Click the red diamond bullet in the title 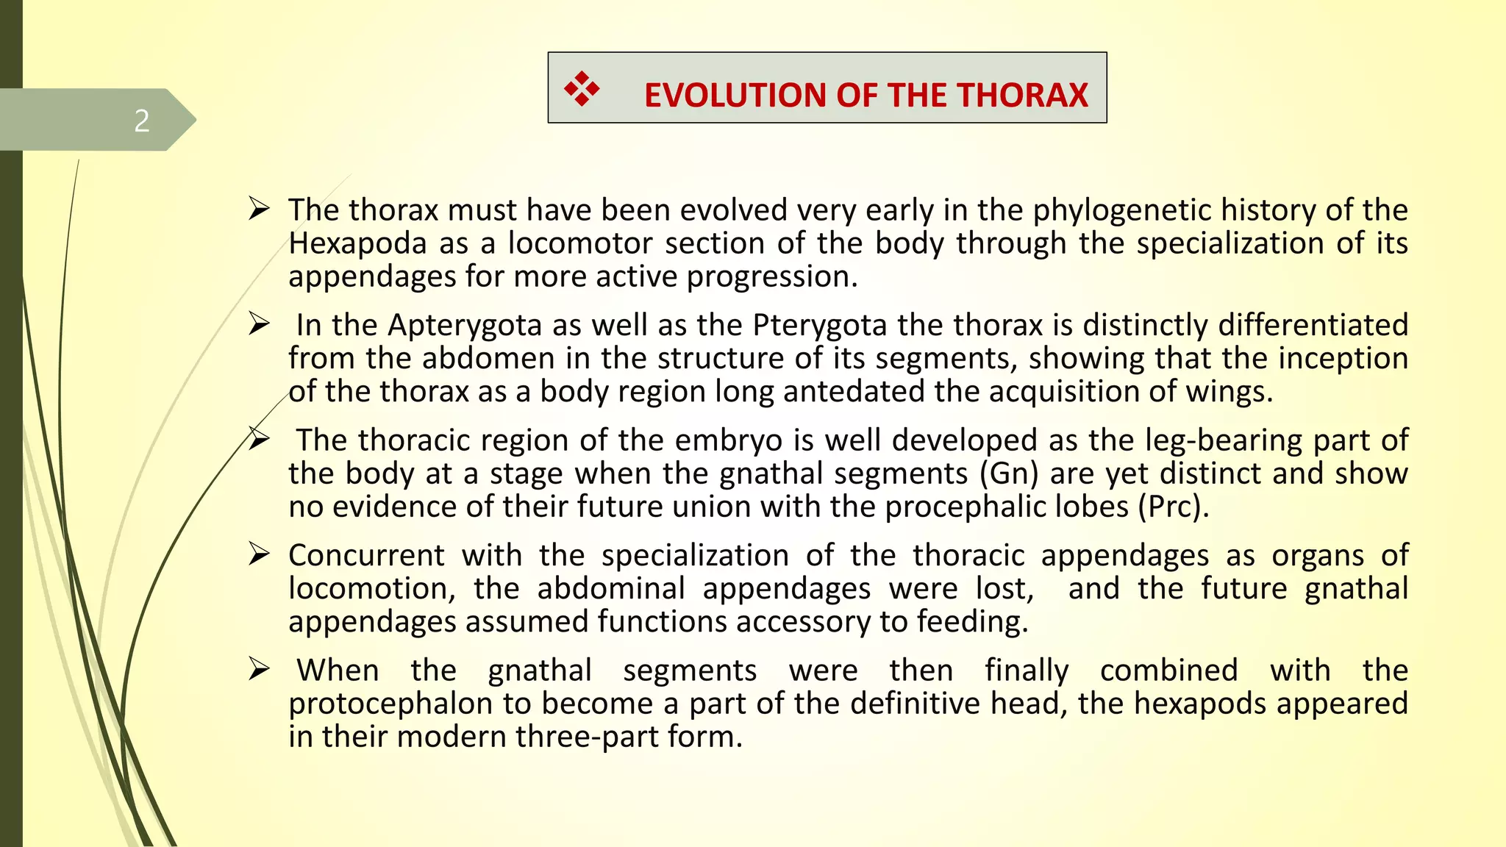pos(582,89)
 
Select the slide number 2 pos(142,121)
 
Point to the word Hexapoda pos(357,243)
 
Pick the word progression pos(771,277)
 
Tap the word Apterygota pos(465,325)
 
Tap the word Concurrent pos(366,555)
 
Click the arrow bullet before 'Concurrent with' pos(259,554)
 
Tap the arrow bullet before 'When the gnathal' pos(259,669)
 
